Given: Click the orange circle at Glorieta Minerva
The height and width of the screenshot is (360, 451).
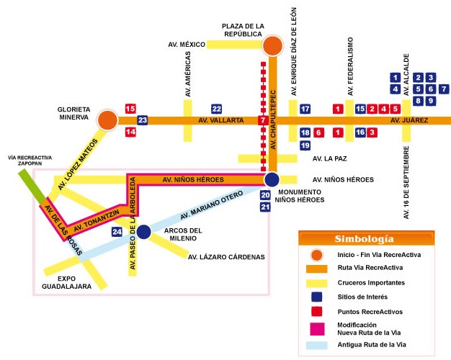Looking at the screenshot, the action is [x=107, y=120].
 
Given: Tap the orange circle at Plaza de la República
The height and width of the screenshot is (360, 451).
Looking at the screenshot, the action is [x=272, y=47].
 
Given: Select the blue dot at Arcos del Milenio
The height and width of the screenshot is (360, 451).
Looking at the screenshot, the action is [x=143, y=232].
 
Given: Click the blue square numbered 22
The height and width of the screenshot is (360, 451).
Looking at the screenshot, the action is [x=216, y=109].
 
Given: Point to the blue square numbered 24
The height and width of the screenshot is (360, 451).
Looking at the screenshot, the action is [x=117, y=232].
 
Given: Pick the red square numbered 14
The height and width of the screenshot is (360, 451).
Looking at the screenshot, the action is [x=130, y=132].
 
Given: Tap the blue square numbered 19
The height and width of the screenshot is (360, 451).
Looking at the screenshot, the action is [x=305, y=145].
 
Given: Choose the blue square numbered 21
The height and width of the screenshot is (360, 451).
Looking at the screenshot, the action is [x=265, y=207].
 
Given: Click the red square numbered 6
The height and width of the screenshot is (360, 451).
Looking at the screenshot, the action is [x=318, y=132].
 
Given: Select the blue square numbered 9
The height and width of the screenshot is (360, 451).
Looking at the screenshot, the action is [x=430, y=101].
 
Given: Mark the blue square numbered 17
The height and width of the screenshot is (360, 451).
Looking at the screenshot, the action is [x=305, y=109].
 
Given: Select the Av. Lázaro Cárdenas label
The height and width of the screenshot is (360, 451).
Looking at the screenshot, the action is [x=225, y=256].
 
